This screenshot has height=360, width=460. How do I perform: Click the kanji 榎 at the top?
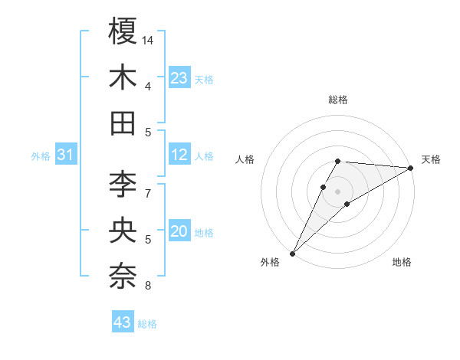click(x=123, y=31)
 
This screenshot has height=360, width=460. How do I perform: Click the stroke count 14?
click(x=148, y=39)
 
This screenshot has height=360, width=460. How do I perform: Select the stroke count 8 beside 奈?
click(x=147, y=286)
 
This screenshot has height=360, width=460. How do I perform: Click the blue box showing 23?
click(x=179, y=78)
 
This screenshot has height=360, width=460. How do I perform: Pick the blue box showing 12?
click(x=179, y=155)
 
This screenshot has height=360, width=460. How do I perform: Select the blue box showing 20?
click(x=179, y=231)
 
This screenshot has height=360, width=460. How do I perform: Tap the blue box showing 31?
click(x=66, y=155)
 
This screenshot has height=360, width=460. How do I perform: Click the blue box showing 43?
click(x=123, y=322)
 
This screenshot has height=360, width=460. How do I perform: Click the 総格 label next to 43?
click(x=147, y=324)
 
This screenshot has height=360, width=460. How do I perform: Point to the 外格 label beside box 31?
click(x=41, y=156)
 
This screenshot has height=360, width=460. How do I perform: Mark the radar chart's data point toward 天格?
click(x=412, y=169)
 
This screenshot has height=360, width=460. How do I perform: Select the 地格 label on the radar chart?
click(x=402, y=263)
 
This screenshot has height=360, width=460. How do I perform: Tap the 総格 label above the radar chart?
click(x=337, y=100)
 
